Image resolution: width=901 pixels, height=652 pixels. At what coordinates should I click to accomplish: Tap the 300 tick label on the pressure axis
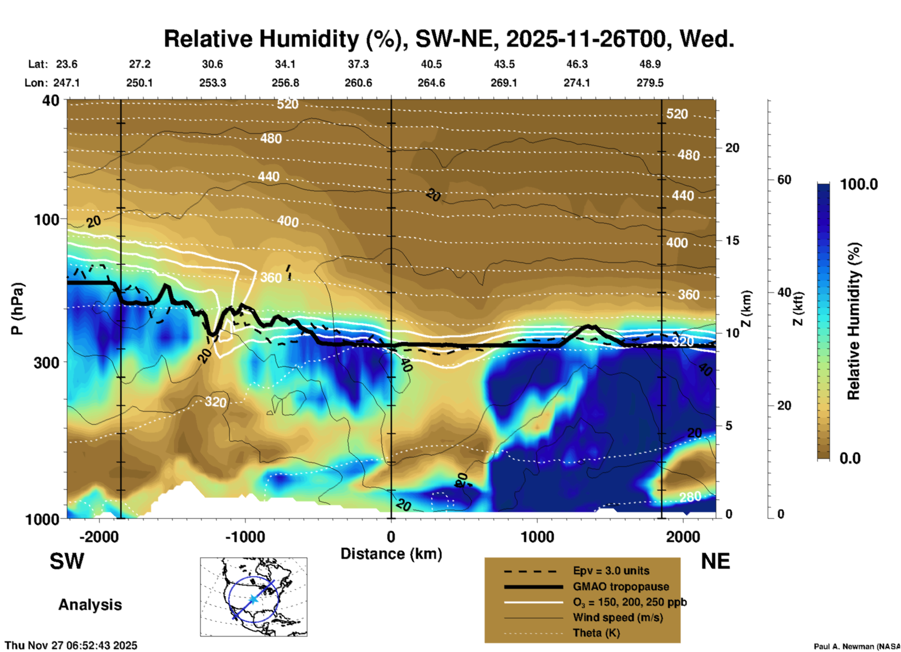47,362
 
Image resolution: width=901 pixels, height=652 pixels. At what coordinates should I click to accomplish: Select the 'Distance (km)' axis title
391,554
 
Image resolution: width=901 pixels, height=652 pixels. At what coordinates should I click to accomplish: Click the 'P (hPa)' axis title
17,309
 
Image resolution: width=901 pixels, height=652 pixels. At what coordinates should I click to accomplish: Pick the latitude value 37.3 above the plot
358,64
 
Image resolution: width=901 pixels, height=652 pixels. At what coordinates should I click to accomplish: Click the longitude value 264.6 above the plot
431,83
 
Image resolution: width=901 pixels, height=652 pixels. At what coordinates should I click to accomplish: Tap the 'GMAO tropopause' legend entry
621,587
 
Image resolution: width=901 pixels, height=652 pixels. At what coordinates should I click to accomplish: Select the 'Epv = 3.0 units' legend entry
611,571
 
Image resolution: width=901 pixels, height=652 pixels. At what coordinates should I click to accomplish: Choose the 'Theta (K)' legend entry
596,633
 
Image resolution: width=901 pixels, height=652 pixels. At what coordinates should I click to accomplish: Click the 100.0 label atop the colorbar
859,184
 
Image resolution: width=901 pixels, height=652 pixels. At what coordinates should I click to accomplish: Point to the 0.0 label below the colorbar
850,458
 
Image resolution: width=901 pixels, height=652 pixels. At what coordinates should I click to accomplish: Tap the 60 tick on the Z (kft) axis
784,180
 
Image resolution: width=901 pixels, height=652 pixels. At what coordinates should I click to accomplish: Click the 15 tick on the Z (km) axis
732,240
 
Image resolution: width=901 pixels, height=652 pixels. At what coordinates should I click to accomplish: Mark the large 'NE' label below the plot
715,561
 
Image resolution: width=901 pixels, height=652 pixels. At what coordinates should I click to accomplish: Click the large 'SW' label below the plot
67,561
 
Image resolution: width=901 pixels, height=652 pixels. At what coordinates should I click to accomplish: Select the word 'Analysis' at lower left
90,605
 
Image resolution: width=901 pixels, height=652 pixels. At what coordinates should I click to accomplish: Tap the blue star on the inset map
253,599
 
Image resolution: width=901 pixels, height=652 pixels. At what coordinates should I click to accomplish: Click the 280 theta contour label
690,497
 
